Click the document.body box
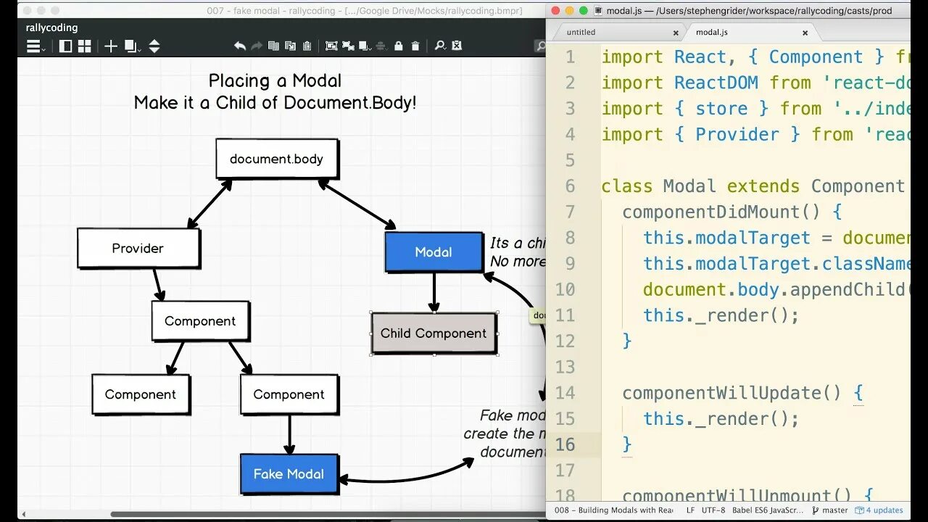pyautogui.click(x=276, y=159)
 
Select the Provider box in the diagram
pyautogui.click(x=138, y=248)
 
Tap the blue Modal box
pyautogui.click(x=434, y=252)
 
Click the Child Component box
pyautogui.click(x=434, y=333)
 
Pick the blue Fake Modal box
pyautogui.click(x=289, y=473)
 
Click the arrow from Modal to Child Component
pyautogui.click(x=434, y=292)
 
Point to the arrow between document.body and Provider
pyautogui.click(x=210, y=204)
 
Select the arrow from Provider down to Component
pyautogui.click(x=157, y=285)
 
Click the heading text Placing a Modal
pyautogui.click(x=275, y=80)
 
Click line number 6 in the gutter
pyautogui.click(x=569, y=186)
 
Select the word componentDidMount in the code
pyautogui.click(x=710, y=212)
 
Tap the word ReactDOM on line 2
pyautogui.click(x=716, y=83)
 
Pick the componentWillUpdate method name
pyautogui.click(x=721, y=393)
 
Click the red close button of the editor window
pyautogui.click(x=556, y=11)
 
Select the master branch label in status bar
pyautogui.click(x=834, y=510)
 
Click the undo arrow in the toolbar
pyautogui.click(x=240, y=46)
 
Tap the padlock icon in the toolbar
pyautogui.click(x=398, y=46)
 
